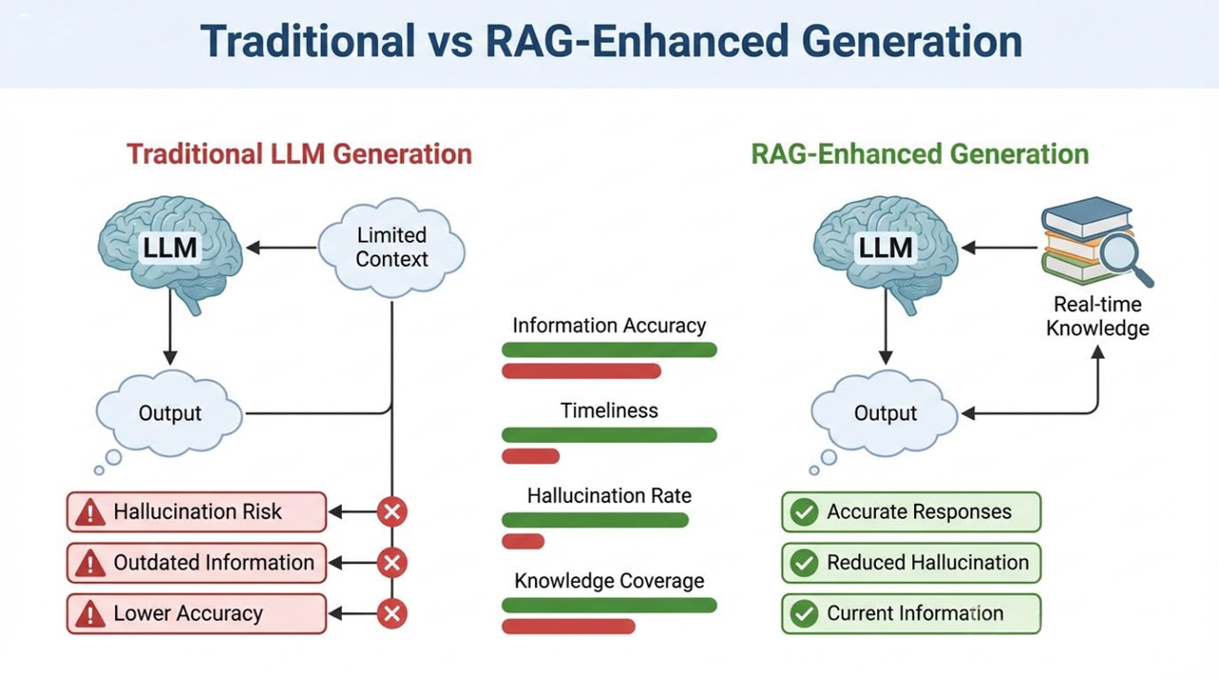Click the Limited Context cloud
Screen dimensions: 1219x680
pos(391,248)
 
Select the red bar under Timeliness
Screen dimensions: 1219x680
pos(530,456)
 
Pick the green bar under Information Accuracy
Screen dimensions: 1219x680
pos(609,350)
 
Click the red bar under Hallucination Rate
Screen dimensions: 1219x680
pos(523,541)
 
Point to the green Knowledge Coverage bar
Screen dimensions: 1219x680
pos(609,605)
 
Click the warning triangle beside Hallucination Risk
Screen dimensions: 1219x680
pos(90,512)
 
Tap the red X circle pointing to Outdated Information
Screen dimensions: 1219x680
pos(391,563)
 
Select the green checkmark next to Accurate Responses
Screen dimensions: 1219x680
pos(805,511)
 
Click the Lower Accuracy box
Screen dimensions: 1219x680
pos(196,613)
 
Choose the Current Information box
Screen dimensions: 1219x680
pos(911,613)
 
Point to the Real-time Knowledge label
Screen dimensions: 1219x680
pos(1098,316)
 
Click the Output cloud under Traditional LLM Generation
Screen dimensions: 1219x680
pos(170,413)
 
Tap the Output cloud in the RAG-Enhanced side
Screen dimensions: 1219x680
pos(885,413)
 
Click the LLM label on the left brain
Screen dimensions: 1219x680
pos(170,248)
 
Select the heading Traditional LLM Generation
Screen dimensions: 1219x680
pos(299,154)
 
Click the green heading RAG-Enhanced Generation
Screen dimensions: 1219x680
pos(920,154)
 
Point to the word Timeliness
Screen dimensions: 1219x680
pos(609,410)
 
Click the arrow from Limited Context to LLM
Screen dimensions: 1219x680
pos(281,248)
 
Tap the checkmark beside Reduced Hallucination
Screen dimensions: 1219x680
pos(805,563)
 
